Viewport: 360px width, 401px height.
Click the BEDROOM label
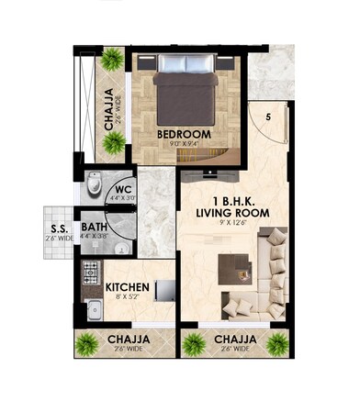tap(184, 134)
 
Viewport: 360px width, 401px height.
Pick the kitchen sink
tap(93, 307)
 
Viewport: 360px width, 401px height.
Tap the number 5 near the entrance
tap(268, 117)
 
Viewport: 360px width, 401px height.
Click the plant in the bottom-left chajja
tap(86, 345)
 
